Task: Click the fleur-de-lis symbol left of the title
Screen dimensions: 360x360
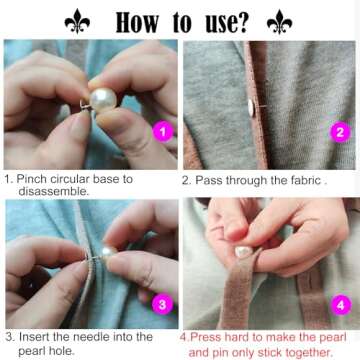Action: tap(77, 21)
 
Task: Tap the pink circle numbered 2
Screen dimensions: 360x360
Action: tap(340, 131)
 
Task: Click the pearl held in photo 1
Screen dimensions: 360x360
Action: tap(103, 100)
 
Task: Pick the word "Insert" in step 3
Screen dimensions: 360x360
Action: tap(35, 337)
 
